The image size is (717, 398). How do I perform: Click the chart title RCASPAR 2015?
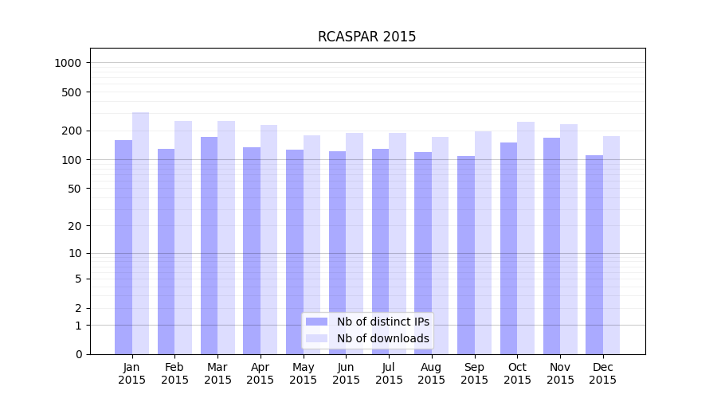366,37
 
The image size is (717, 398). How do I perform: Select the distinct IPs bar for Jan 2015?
123,247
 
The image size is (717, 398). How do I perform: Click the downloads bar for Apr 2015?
268,240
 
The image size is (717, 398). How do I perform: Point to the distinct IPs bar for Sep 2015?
466,255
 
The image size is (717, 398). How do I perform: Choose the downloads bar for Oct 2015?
526,238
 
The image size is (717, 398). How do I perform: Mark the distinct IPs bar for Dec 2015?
594,255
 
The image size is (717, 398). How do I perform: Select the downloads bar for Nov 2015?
569,239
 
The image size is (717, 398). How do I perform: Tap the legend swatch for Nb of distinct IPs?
316,322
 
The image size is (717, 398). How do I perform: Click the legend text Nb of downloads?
383,338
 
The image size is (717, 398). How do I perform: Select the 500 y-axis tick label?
72,92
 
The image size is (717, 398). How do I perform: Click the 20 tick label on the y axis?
76,226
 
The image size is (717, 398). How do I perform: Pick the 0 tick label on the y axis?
79,354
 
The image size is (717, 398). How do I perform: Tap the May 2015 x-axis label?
304,373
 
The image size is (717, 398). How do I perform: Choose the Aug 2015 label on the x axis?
432,373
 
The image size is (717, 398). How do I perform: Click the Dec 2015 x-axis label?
603,373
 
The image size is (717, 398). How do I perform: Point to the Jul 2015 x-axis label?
389,373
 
